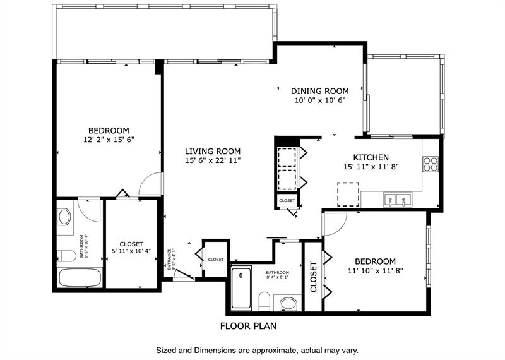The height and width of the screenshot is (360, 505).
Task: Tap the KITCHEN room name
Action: click(371, 157)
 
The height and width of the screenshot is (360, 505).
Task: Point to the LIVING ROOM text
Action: click(213, 151)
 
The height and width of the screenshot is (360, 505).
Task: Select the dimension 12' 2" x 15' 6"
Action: click(109, 140)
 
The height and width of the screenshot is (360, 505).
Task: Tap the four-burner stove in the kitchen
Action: click(430, 164)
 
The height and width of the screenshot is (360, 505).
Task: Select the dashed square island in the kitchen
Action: click(348, 193)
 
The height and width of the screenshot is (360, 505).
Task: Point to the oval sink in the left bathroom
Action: click(65, 217)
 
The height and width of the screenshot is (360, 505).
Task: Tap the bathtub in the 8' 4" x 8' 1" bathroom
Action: click(241, 289)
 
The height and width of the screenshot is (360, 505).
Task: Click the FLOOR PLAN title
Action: click(248, 327)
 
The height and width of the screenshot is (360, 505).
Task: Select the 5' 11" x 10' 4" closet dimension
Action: click(131, 252)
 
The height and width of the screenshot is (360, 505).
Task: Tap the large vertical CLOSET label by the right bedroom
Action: click(313, 277)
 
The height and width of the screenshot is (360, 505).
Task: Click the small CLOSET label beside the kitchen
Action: click(287, 200)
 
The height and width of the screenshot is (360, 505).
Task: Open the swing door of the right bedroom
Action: click(335, 222)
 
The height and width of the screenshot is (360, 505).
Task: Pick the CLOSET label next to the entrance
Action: click(216, 259)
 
